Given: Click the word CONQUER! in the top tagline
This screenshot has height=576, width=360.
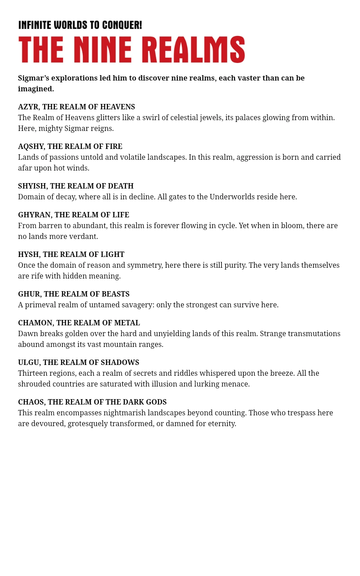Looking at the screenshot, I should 122,25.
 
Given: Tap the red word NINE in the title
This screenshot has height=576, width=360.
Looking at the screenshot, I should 103,49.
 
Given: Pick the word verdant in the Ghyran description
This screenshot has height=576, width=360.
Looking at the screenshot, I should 84,237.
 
